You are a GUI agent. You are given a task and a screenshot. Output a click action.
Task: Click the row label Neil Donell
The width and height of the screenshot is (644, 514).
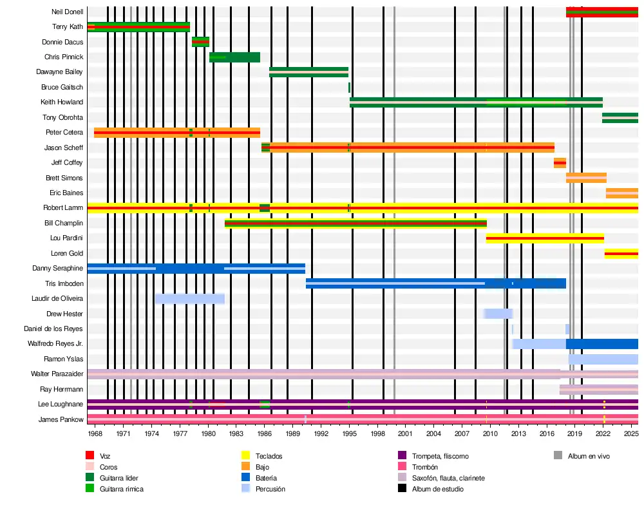(x=67, y=12)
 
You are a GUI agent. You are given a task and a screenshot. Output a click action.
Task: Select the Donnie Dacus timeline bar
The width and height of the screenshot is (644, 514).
(x=200, y=42)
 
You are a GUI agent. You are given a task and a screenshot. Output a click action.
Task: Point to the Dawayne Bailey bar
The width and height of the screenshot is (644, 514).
(x=308, y=72)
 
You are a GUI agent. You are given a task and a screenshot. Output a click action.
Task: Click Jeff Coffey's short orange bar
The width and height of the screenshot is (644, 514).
(x=560, y=163)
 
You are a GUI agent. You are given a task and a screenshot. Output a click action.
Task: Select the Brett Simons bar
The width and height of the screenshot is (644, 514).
(x=586, y=178)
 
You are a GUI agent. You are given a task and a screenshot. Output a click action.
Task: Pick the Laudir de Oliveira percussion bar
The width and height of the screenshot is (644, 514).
(x=189, y=299)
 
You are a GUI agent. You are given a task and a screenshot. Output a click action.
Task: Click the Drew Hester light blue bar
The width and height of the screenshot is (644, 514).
(x=498, y=314)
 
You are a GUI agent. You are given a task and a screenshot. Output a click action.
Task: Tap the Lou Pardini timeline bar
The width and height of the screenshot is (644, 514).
(x=545, y=238)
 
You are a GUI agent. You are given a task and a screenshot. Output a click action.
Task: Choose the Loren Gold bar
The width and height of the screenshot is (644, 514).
(x=621, y=254)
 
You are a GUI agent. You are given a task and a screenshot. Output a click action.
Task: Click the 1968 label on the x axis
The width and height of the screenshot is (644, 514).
(x=95, y=434)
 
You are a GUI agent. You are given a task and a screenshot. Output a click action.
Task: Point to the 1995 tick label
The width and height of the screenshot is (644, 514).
(x=349, y=434)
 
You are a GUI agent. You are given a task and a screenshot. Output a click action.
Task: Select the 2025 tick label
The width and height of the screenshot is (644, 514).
(x=630, y=434)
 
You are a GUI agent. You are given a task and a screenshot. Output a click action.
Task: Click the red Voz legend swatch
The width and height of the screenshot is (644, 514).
(x=90, y=456)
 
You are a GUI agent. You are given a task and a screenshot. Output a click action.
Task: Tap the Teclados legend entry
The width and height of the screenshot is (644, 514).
(x=269, y=456)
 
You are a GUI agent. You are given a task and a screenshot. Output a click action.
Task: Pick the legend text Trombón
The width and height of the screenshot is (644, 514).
(x=424, y=467)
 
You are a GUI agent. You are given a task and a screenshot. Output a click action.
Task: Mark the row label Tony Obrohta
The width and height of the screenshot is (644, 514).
(x=62, y=117)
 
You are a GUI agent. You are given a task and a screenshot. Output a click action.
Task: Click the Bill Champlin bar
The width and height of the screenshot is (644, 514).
(x=355, y=224)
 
